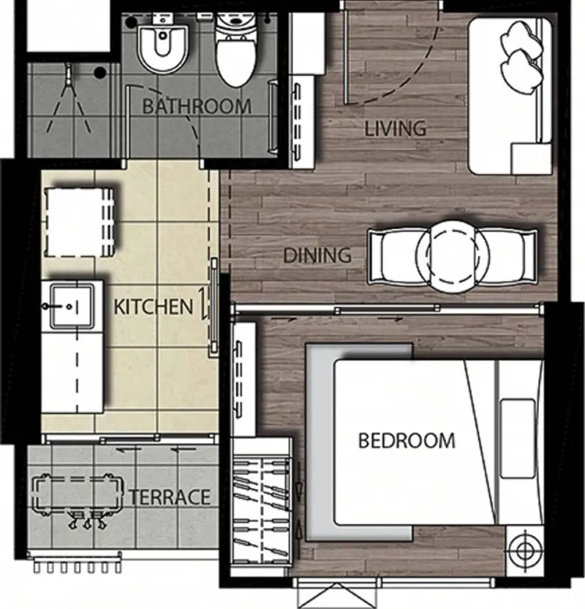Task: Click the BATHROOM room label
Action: point(197,106)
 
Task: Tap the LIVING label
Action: point(395,129)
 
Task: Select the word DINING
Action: point(317,255)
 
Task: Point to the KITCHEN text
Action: point(154,307)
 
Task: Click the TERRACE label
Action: point(170,496)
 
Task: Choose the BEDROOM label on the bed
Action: point(407,440)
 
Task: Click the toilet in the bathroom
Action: point(236,48)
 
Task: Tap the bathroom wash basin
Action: point(164,45)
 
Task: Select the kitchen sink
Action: point(72,306)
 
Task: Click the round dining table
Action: point(452,257)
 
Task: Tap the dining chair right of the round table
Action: point(507,257)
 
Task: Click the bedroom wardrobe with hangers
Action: point(261,507)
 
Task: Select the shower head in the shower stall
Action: point(69,74)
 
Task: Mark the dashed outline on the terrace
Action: point(78,493)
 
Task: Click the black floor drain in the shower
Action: point(100,72)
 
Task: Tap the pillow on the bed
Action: point(518,439)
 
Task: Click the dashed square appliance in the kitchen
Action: point(80,222)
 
